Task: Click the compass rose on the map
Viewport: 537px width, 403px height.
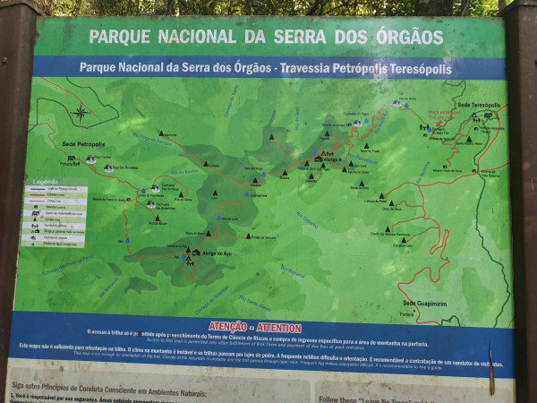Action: point(80,113)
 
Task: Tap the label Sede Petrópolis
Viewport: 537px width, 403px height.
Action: point(83,144)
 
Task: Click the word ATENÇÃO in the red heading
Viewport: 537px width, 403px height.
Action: point(228,327)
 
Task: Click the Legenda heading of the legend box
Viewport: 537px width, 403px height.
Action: point(45,182)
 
